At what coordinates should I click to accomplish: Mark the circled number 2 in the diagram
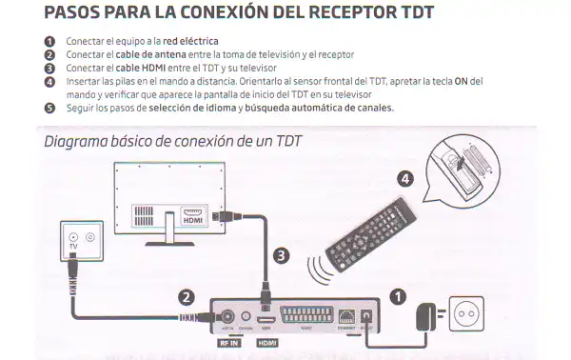point(187,297)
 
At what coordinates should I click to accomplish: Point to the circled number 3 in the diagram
point(280,254)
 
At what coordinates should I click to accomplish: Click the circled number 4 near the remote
point(404,178)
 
